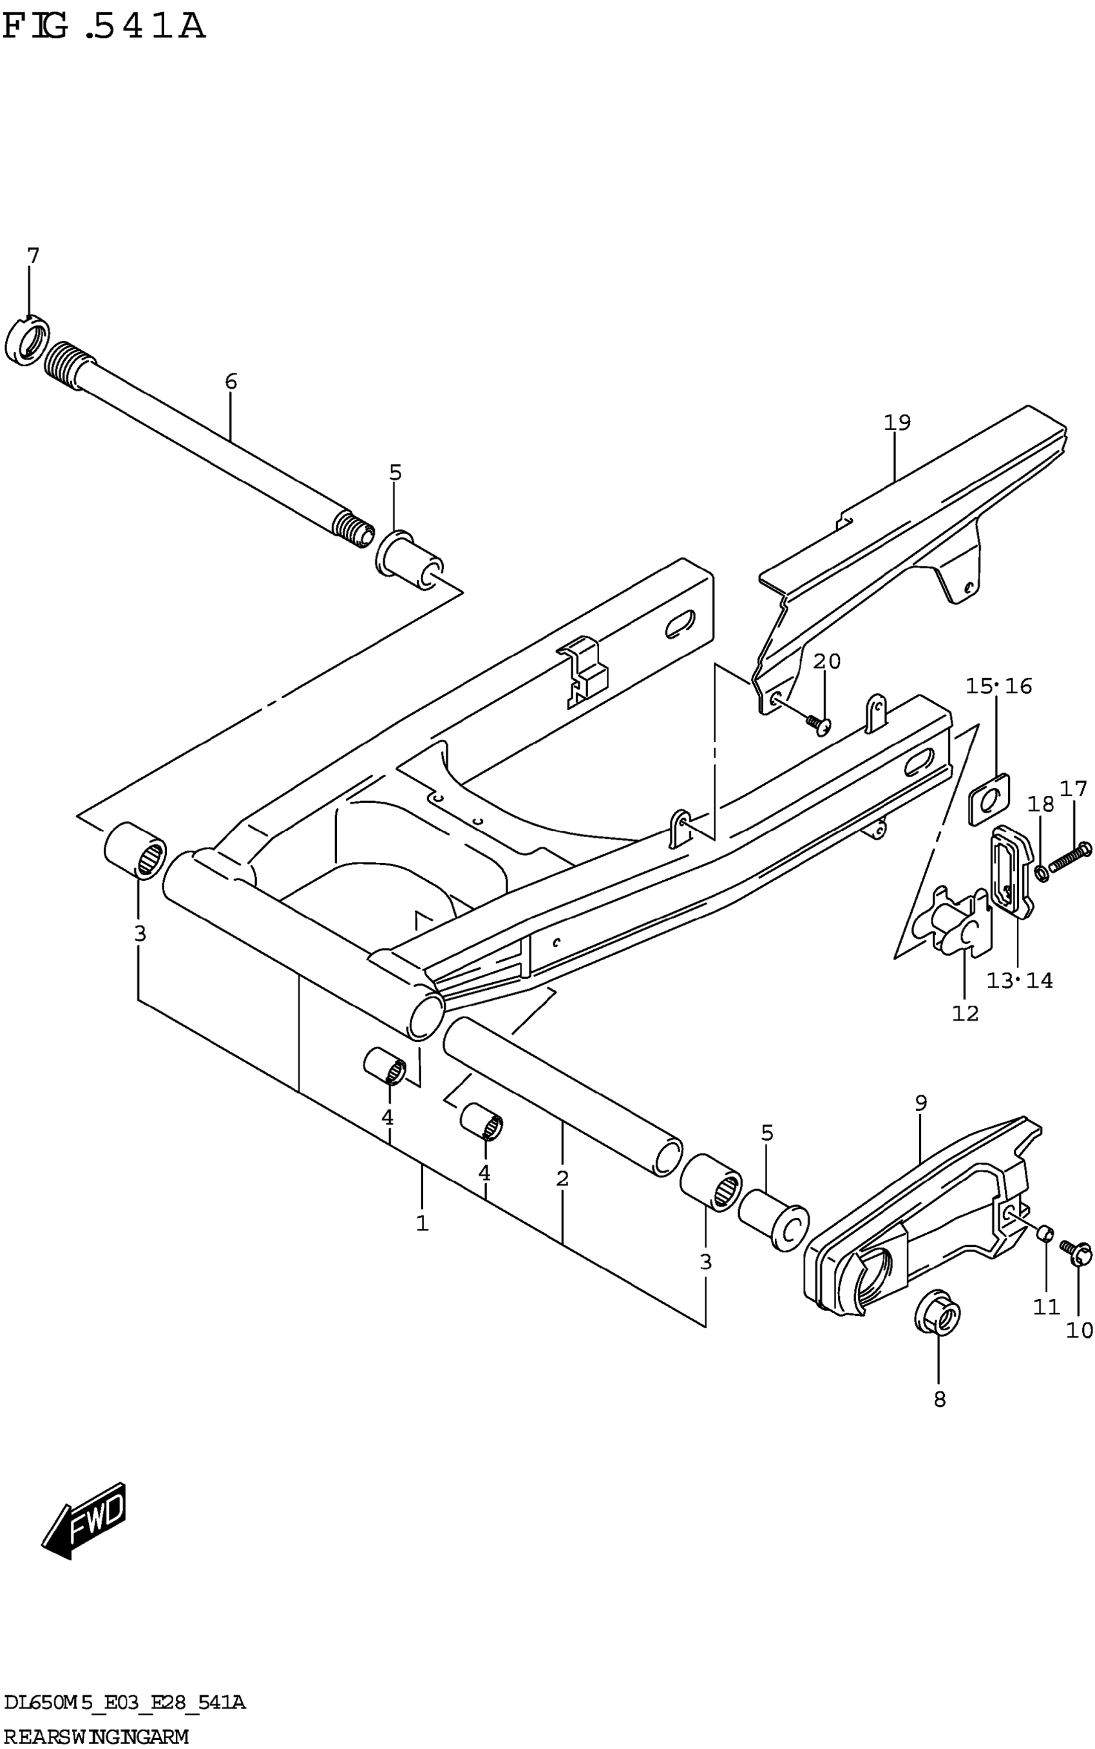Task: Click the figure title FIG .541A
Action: click(104, 27)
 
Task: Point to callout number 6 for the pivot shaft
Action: click(231, 381)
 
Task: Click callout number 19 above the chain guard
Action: click(897, 421)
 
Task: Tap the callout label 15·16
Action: click(998, 686)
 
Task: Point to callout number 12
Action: click(965, 1013)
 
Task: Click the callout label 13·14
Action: click(1020, 980)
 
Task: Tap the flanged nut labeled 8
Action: click(938, 1313)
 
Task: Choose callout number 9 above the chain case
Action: click(920, 1103)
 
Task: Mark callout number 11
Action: click(1047, 1306)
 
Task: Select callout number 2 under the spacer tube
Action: click(562, 1179)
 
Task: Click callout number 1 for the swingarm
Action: click(422, 1223)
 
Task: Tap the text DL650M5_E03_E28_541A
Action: click(124, 1701)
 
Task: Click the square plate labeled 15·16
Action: click(989, 800)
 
